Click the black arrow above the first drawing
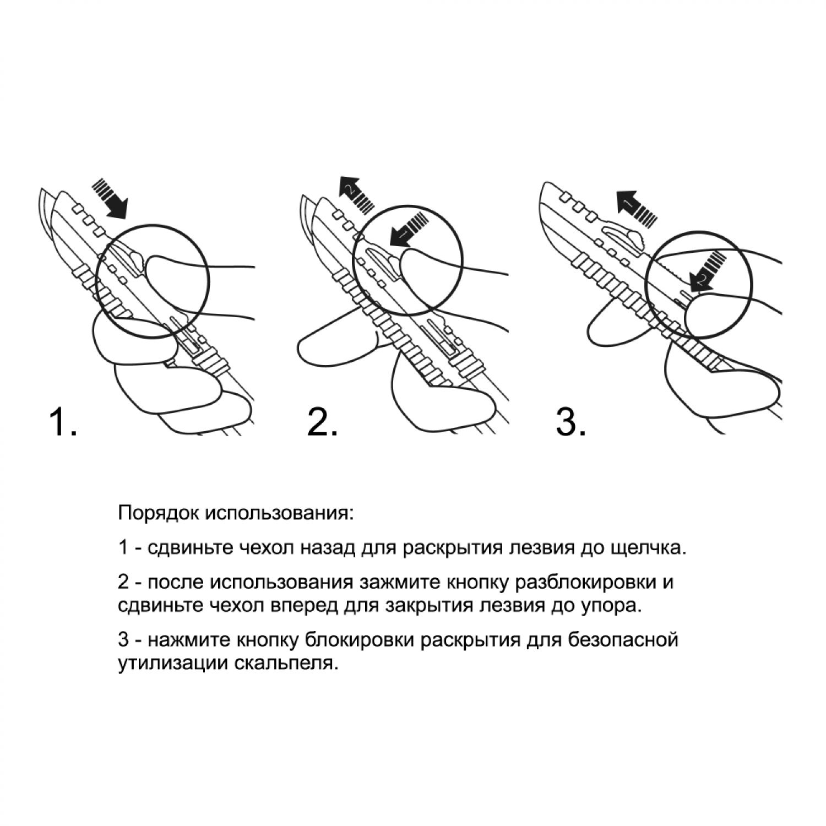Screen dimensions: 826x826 pyautogui.click(x=110, y=198)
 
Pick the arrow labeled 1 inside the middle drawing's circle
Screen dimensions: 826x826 pyautogui.click(x=408, y=230)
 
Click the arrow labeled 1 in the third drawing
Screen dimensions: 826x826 pyautogui.click(x=636, y=208)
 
